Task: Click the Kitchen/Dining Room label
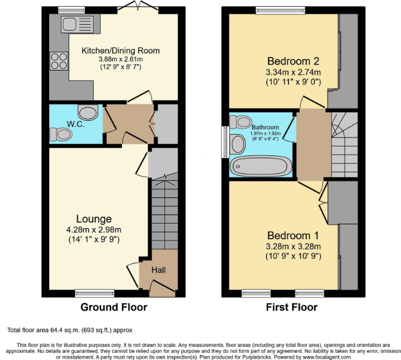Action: (x=120, y=51)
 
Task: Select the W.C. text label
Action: (x=76, y=124)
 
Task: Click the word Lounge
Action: (x=94, y=219)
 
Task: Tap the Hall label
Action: (x=159, y=271)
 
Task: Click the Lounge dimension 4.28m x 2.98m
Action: (x=94, y=230)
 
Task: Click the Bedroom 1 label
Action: (x=289, y=235)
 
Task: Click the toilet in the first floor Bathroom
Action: (x=243, y=121)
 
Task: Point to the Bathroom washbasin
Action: (x=237, y=144)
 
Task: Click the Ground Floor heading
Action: (x=114, y=307)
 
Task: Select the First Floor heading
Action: (x=292, y=307)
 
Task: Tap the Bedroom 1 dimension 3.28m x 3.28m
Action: (x=289, y=247)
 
